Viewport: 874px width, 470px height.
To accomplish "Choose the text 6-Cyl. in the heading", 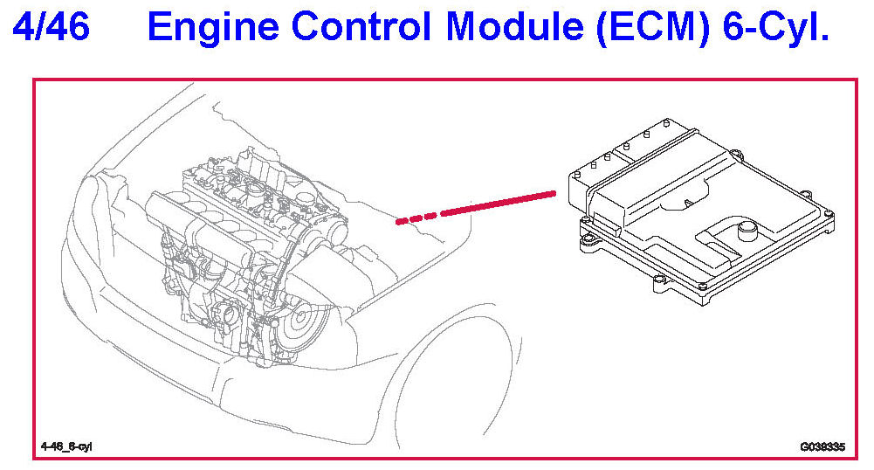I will pyautogui.click(x=774, y=28).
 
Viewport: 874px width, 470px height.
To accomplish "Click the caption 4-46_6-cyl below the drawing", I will pyautogui.click(x=66, y=447).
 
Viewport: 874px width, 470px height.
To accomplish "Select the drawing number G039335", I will pyautogui.click(x=822, y=447).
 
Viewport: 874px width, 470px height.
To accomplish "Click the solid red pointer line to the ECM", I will pyautogui.click(x=498, y=202).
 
